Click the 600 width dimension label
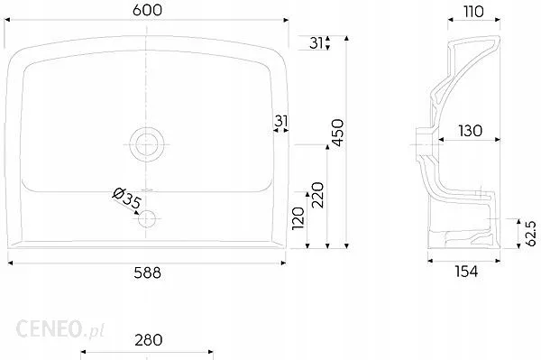pos(147,10)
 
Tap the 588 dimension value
pos(147,273)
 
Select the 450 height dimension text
pos(338,133)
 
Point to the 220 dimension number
pos(317,195)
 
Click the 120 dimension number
pos(298,218)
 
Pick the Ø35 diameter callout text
pos(126,198)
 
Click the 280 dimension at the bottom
pos(149,340)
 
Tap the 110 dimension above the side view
pos(473,12)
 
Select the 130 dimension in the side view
pos(471,131)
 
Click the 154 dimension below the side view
pos(466,272)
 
